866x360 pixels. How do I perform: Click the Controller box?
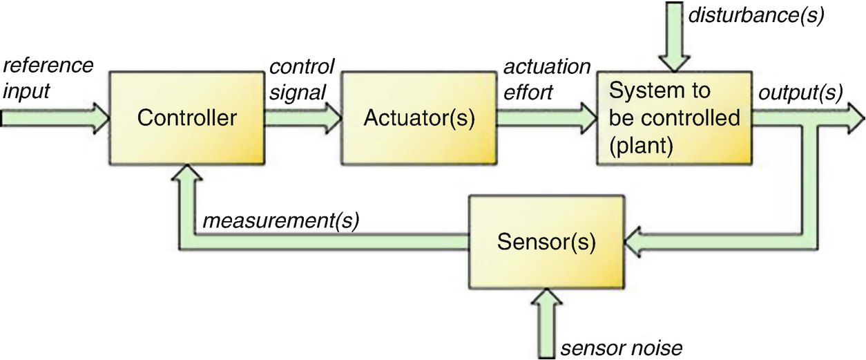tap(186, 117)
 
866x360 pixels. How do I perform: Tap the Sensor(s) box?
tap(546, 243)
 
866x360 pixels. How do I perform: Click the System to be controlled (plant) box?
tap(674, 117)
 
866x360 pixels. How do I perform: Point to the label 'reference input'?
tap(48, 78)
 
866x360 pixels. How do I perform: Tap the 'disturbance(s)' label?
tap(756, 15)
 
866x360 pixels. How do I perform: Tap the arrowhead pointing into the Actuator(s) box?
tap(332, 117)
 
